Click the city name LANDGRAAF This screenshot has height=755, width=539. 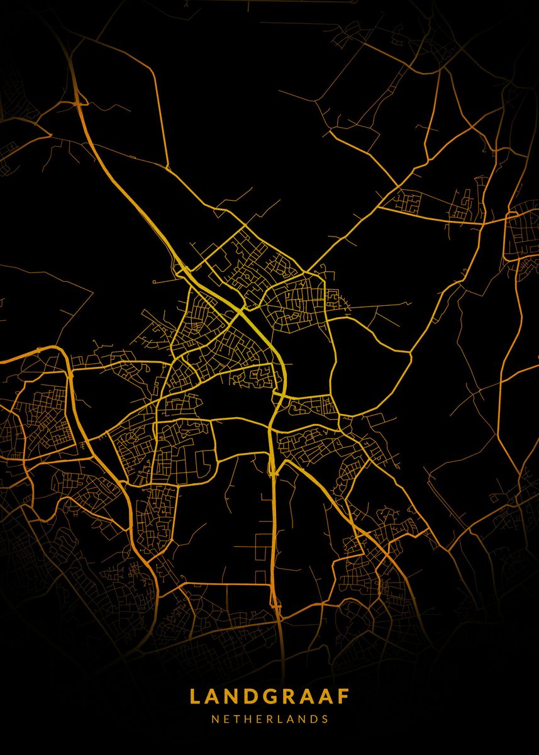(269, 696)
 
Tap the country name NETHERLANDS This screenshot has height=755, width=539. (269, 719)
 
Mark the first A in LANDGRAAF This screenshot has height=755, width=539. (212, 696)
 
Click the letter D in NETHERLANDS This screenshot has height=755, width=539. (314, 719)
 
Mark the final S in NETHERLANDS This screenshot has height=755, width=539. (325, 719)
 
